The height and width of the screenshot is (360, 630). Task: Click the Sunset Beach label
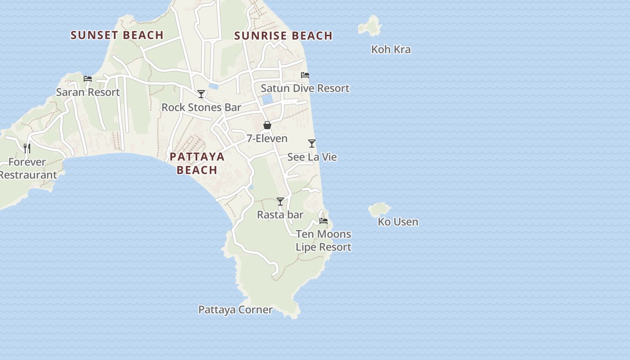click(117, 35)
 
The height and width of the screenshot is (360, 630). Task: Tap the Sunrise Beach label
click(283, 36)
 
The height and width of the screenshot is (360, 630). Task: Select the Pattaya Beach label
click(197, 163)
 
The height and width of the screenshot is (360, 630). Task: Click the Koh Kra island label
click(391, 49)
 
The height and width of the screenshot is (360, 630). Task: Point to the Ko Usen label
click(398, 222)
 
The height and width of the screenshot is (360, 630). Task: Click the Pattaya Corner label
click(235, 310)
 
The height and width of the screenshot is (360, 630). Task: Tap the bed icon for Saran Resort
click(88, 79)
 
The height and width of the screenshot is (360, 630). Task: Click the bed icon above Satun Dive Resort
click(305, 75)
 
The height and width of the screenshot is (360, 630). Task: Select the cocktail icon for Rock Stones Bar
click(201, 94)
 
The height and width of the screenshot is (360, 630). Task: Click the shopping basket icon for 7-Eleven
click(267, 125)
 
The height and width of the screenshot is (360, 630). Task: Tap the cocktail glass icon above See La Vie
click(312, 144)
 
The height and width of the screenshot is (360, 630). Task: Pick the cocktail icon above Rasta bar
click(280, 202)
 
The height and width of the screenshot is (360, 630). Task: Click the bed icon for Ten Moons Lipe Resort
click(324, 221)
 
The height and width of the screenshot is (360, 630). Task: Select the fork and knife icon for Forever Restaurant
click(27, 148)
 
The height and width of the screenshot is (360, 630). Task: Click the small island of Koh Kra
click(370, 26)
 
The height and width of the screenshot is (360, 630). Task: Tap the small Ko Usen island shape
click(379, 209)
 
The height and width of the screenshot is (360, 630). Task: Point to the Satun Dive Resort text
click(305, 88)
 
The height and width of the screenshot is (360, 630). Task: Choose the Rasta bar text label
click(280, 215)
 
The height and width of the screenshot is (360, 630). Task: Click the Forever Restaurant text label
click(28, 168)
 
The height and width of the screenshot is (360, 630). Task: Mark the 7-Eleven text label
click(267, 139)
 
